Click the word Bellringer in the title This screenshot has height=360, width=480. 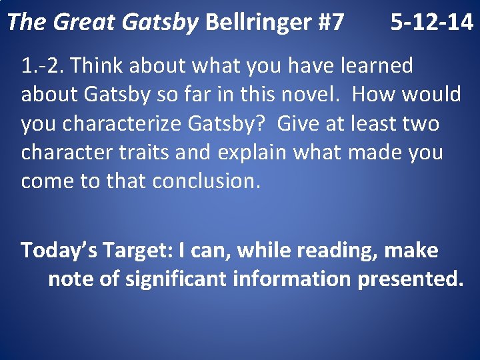[x=257, y=23]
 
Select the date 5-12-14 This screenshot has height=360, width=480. [x=431, y=23]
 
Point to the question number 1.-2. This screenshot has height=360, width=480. [x=43, y=66]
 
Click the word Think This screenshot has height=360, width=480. [x=97, y=66]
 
